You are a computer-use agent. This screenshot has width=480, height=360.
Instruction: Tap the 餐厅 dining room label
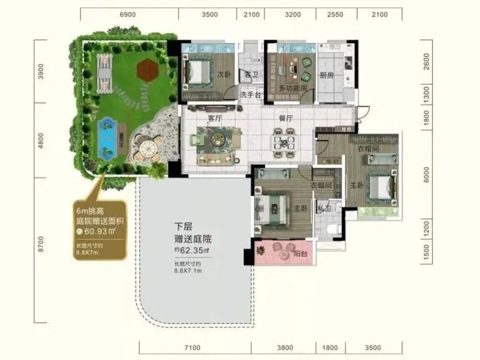(285, 118)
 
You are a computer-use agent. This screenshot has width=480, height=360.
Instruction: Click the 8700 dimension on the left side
(41, 243)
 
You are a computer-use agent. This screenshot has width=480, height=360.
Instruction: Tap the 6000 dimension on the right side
(426, 174)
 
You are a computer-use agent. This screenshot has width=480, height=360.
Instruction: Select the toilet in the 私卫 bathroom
(331, 229)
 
